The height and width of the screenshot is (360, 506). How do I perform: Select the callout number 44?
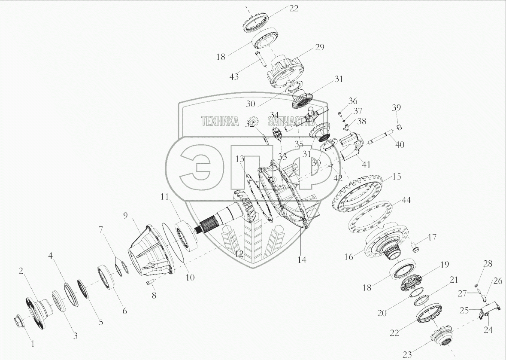tap(406, 200)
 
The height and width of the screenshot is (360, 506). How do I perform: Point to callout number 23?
tap(407, 354)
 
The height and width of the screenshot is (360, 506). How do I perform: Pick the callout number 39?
tap(397, 107)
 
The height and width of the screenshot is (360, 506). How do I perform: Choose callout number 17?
tap(431, 237)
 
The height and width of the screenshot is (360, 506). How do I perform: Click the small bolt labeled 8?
tap(148, 282)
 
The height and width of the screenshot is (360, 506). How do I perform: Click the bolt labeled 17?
tap(415, 247)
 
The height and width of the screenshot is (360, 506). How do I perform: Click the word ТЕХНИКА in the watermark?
tap(220, 122)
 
